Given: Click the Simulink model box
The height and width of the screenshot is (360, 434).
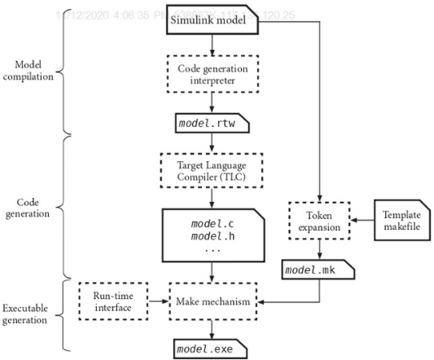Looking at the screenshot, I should pos(213,22).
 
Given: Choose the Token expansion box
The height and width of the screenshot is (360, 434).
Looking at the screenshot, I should pos(319,220).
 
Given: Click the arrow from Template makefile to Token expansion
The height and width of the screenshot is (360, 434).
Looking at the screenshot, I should pos(362,220).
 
